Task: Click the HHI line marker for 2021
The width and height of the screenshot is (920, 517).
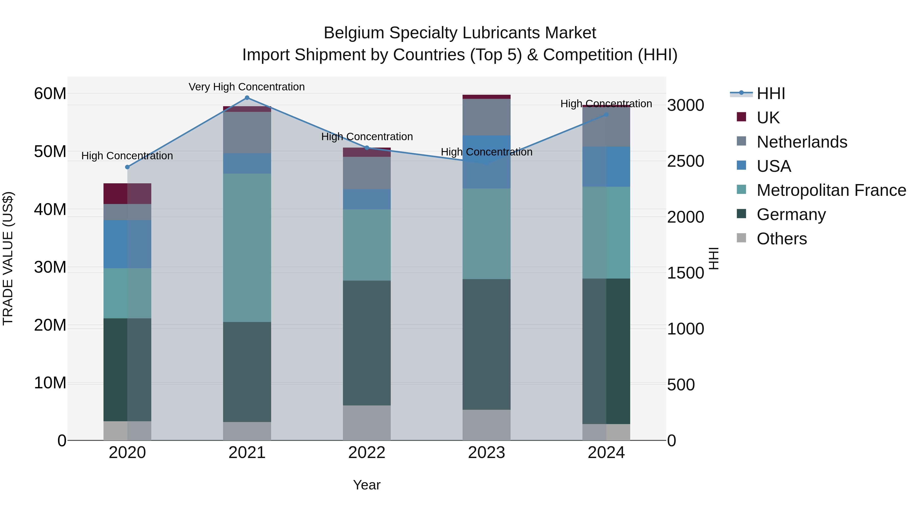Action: coord(247,98)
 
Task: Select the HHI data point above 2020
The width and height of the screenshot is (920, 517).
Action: coord(128,167)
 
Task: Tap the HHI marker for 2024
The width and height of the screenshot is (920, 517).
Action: coord(606,115)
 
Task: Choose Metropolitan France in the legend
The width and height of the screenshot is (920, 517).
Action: coord(831,190)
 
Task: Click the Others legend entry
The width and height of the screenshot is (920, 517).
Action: coord(781,239)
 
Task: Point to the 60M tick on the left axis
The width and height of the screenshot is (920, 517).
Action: coord(50,94)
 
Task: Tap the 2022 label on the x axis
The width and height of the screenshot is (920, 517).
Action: coord(366,453)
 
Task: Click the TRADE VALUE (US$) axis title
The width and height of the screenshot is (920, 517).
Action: coord(8,258)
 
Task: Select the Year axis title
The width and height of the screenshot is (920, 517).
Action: coord(366,485)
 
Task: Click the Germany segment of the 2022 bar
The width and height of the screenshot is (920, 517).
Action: coord(366,343)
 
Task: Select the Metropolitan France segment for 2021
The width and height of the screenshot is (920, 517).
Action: coord(247,248)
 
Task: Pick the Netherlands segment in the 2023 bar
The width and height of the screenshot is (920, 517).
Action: coord(486,117)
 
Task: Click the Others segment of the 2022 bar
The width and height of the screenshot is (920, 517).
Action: coord(366,423)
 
